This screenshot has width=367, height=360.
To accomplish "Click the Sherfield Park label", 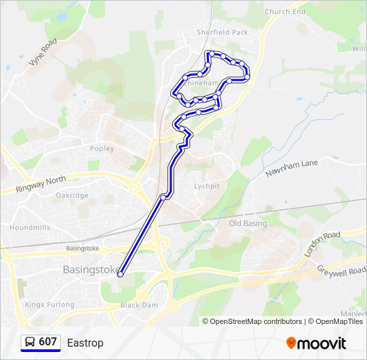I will (222, 31).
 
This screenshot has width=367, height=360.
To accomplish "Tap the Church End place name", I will (285, 11).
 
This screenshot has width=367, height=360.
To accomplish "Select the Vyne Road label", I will (43, 52).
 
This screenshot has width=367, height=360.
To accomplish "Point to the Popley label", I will (102, 149).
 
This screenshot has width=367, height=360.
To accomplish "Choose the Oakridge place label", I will (72, 195).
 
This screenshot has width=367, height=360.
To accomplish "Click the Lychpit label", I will (206, 186).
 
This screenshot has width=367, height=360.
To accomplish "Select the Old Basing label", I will (248, 223).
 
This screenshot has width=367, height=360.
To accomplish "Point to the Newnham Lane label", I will (292, 167).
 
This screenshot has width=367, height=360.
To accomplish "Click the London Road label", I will (322, 244).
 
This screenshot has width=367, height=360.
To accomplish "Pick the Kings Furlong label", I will (49, 305).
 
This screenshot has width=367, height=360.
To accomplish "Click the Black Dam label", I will (139, 305).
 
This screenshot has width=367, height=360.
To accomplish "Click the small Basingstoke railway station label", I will (83, 249).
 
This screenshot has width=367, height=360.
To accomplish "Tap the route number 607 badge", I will (40, 343).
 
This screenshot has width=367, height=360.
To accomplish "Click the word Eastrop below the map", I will (85, 343).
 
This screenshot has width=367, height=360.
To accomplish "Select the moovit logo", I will (316, 343).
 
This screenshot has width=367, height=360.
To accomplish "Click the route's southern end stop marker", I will (120, 274).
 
